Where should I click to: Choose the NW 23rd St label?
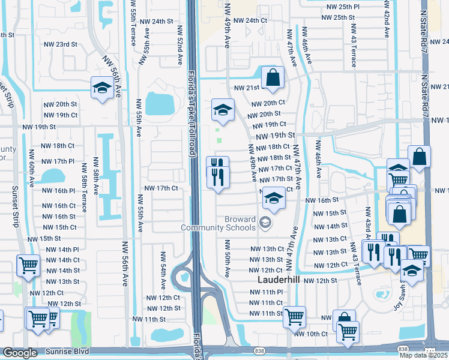point(60,44)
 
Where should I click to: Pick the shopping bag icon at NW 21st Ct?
point(273,77)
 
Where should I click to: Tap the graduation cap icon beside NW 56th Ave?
point(102,89)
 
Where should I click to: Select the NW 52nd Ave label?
point(179,44)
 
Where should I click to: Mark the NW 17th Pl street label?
point(59,161)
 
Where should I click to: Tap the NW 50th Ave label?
point(228,259)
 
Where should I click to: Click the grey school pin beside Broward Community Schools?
point(265,224)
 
